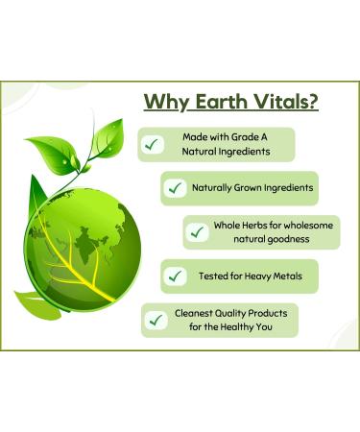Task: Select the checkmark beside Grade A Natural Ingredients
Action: coord(152,144)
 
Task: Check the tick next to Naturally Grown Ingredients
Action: coord(175,188)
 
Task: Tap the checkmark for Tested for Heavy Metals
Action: coord(175,276)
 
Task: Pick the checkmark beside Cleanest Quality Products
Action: coord(153,320)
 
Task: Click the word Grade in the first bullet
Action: coord(236,137)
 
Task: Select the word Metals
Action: coord(284,276)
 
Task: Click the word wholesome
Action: coord(304,225)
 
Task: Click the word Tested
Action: coord(212,276)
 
